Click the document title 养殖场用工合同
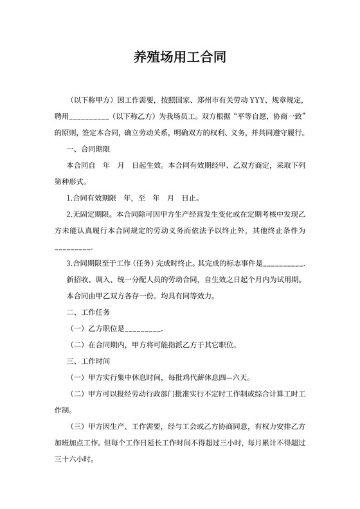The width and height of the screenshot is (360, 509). click(179, 58)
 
